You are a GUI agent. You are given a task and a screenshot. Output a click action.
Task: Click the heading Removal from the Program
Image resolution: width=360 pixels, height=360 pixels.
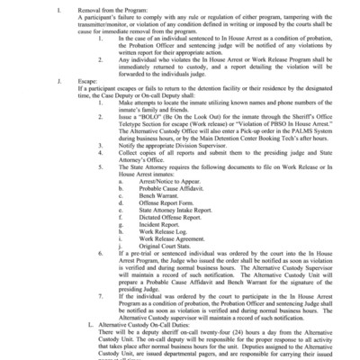click(x=86, y=11)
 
